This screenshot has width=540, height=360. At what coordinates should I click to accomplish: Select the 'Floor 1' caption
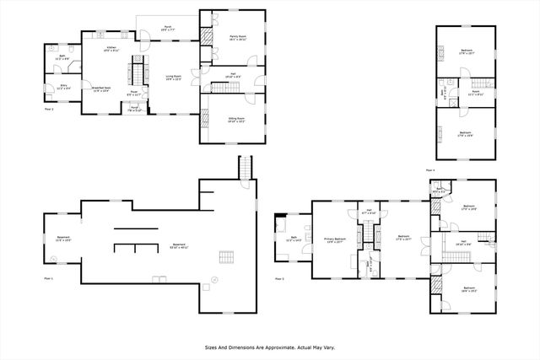(48, 277)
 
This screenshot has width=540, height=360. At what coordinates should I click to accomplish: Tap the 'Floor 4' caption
(430, 169)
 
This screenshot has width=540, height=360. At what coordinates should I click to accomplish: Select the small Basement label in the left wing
(62, 239)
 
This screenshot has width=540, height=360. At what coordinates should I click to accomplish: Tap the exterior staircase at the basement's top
(245, 168)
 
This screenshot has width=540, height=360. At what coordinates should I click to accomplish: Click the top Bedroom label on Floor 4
(466, 53)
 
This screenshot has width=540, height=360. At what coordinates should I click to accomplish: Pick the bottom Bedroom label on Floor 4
(466, 132)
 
